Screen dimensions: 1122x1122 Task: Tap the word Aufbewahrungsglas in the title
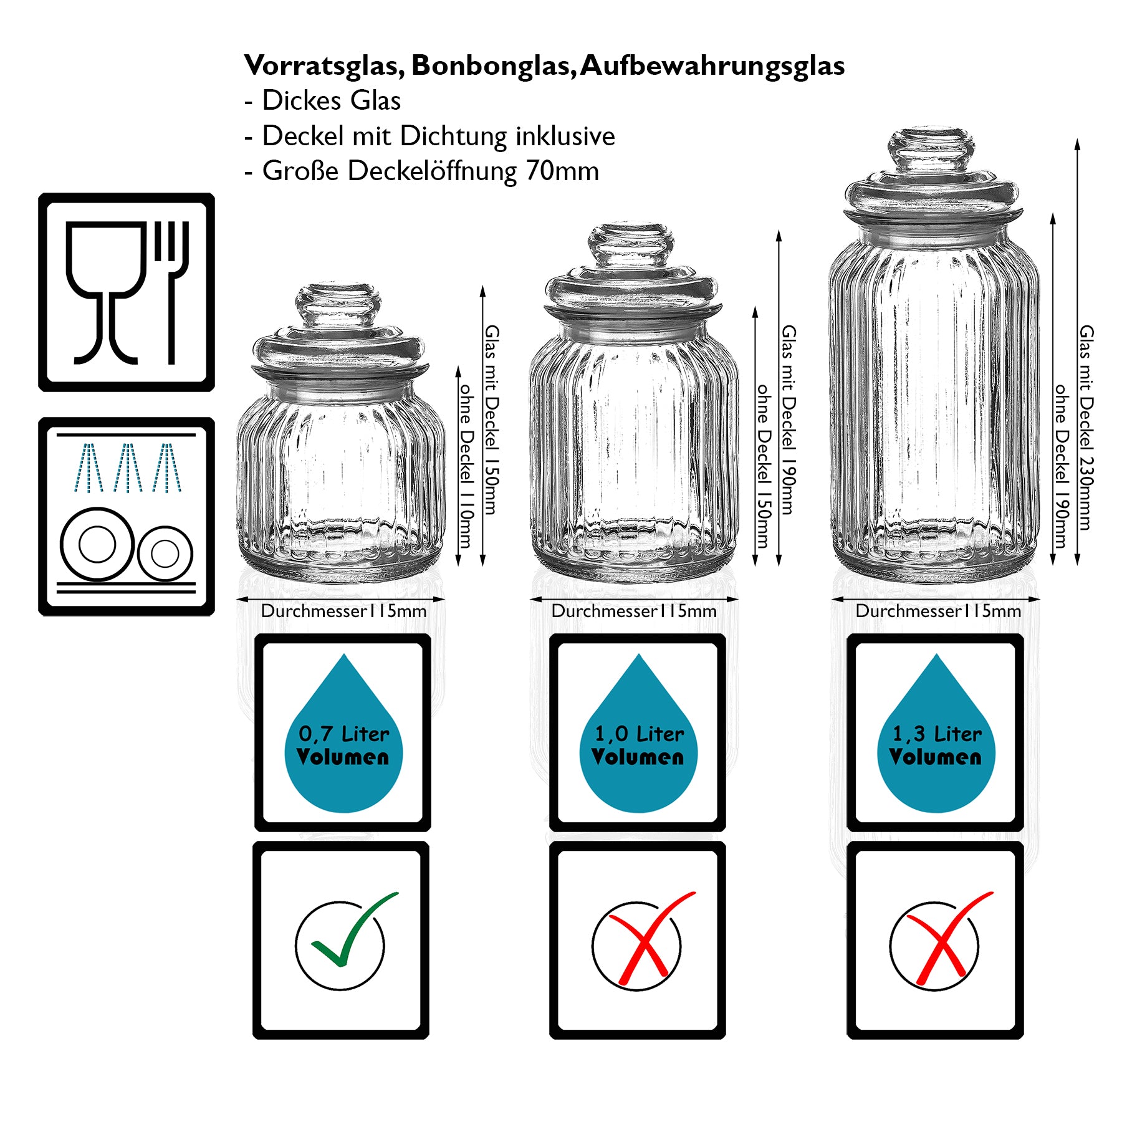(x=712, y=66)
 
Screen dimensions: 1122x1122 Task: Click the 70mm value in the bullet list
(x=562, y=171)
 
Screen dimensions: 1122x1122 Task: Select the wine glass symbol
(x=106, y=287)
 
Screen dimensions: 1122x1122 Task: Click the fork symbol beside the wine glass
(x=171, y=287)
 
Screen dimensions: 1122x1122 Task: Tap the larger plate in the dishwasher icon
(x=97, y=544)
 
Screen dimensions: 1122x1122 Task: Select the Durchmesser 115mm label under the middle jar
(x=634, y=611)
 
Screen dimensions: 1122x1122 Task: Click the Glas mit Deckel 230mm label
(x=1085, y=427)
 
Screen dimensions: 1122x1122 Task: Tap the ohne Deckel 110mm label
(x=465, y=464)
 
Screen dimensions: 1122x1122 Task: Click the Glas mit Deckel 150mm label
(x=491, y=419)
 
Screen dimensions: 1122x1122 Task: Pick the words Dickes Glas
(x=331, y=101)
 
